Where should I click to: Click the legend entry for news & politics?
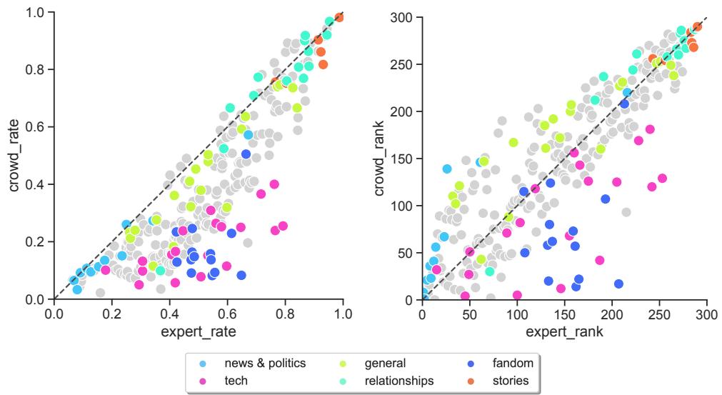coord(264,364)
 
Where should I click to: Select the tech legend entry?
coord(236,381)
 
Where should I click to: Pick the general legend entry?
coord(385,364)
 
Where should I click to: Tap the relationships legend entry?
coord(398,381)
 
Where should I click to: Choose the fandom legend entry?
coord(513,364)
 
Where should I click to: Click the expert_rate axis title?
coord(199,332)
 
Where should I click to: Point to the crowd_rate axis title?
coord(14,156)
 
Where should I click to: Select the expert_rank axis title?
coord(564,332)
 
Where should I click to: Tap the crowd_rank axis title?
coord(380,156)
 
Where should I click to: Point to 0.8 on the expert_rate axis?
coord(286,313)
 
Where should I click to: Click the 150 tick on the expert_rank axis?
coord(565,313)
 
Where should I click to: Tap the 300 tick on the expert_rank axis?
coord(706,313)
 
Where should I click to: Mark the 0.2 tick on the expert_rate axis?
coord(112,313)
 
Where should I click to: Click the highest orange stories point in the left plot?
coord(339,17)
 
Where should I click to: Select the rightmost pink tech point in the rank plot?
coord(662,178)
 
